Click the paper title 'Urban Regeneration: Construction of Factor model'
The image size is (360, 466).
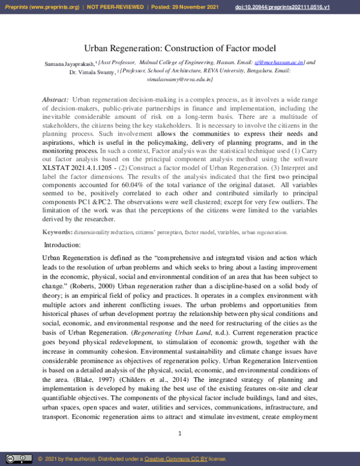click(179, 47)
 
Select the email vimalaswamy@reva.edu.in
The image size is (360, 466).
click(179, 78)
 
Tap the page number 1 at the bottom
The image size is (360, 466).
click(179, 434)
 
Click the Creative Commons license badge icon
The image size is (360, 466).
click(19, 459)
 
